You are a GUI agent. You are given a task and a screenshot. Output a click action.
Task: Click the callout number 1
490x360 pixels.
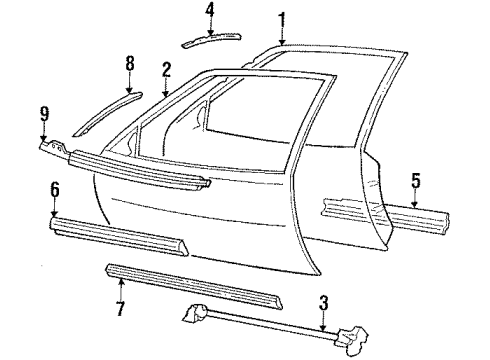(282, 18)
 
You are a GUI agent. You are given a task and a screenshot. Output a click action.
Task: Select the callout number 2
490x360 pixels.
(166, 70)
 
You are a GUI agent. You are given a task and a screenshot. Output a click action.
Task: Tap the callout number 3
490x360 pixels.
(322, 303)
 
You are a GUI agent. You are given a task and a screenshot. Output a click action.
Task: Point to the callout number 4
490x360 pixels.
(210, 10)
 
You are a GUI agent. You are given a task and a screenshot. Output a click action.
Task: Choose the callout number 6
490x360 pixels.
(55, 189)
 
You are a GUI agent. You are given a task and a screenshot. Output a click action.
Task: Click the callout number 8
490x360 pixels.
(129, 64)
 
